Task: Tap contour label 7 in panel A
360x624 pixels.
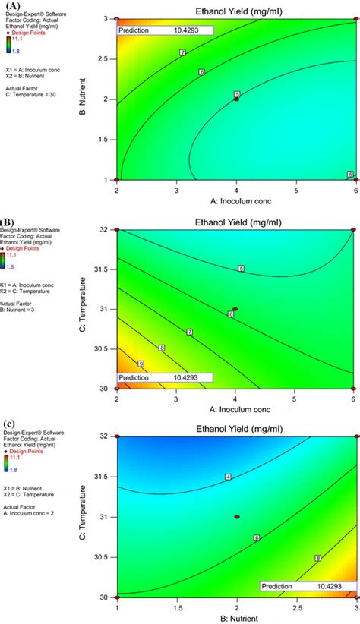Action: [x=183, y=52]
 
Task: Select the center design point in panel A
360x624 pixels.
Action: [x=236, y=99]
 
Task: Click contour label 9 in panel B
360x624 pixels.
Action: [x=141, y=364]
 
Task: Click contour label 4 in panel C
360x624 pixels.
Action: [x=227, y=477]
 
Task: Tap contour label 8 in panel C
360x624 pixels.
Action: [x=317, y=559]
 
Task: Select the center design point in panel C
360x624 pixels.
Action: [x=237, y=516]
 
